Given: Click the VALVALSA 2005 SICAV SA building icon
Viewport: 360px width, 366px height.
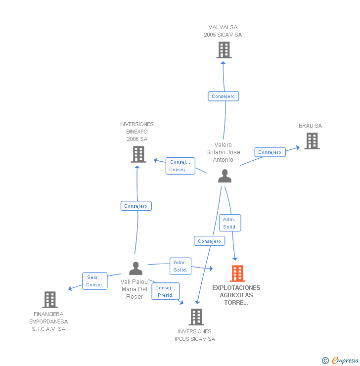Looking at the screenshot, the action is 224,50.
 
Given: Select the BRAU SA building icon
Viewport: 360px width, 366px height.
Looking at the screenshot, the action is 312,141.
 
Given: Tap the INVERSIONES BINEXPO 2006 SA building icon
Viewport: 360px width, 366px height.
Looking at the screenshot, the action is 138,154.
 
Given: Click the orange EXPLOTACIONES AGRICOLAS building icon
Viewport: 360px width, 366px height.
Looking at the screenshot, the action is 237,274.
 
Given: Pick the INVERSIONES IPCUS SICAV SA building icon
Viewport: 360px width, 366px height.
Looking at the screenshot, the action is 196,317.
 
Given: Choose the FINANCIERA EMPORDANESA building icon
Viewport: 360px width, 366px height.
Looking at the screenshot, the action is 50,300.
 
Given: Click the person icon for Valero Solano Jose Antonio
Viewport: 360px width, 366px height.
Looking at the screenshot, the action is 225,176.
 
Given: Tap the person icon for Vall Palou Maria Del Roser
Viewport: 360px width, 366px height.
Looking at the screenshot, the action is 135,268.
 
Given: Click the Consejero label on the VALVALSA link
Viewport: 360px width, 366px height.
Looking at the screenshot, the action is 224,96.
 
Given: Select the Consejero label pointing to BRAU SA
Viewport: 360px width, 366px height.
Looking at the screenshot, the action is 270,152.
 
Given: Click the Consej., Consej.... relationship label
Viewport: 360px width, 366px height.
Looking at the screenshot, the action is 180,166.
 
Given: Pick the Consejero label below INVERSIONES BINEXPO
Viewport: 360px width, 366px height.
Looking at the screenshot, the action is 136,206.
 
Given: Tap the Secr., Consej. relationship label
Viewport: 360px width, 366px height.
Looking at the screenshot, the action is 94,281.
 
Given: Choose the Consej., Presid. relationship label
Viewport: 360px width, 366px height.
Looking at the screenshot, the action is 166,291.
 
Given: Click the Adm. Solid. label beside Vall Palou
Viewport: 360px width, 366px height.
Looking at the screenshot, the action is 180,266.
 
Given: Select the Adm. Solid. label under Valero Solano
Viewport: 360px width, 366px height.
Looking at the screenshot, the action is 230,223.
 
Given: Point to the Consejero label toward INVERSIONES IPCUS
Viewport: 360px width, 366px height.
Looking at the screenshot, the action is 209,241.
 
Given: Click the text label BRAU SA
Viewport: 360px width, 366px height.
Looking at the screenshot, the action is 310,126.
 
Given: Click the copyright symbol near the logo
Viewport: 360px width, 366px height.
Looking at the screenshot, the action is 325,361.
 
